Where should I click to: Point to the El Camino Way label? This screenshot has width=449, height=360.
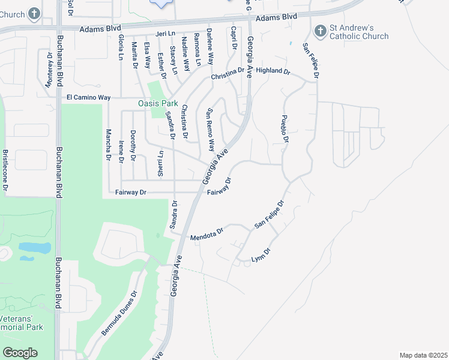pos(88,97)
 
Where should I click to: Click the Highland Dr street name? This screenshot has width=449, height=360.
pos(273,71)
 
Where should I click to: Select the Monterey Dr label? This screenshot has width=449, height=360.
pos(49,70)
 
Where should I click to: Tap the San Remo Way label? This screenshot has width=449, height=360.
pos(211,130)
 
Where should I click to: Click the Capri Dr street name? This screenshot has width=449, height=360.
pos(234,38)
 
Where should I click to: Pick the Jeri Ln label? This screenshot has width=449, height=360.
pos(164,34)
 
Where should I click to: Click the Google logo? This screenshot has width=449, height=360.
pos(20,353)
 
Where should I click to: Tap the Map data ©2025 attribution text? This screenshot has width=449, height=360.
pos(423,355)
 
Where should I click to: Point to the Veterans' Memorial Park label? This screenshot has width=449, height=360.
pos(22,323)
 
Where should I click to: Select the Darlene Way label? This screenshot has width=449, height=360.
pos(210,47)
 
